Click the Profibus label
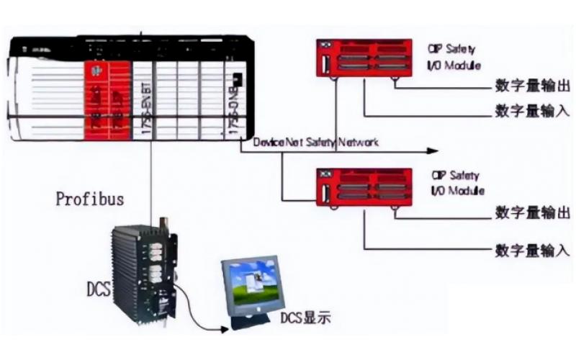point(90,199)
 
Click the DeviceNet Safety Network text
point(315,143)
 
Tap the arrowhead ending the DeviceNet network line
point(432,151)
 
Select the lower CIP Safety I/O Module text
point(457,182)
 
